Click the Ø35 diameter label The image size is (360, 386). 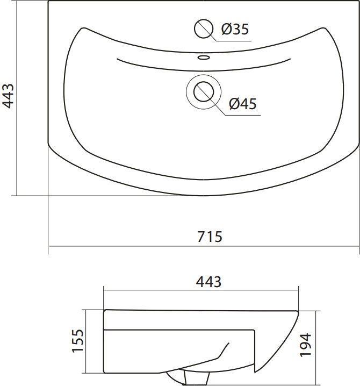pos(235,29)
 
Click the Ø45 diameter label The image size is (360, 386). pos(242,103)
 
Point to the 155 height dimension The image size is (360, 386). pos(77,340)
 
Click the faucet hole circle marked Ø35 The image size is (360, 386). pos(204,29)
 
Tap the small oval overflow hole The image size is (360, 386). pos(204,56)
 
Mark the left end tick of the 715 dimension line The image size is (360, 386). pos(49,247)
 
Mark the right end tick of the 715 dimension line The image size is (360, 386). pos(359,247)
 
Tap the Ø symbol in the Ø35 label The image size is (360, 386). pos(226,29)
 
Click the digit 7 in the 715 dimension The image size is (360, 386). pos(201,237)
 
